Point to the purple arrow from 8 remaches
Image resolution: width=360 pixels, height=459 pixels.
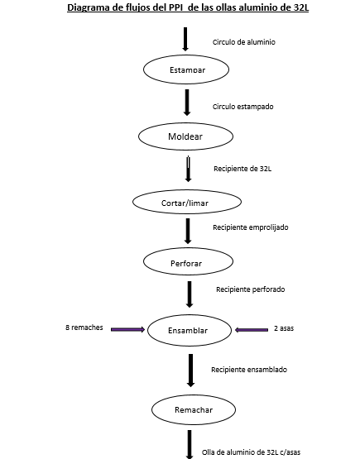click(127, 330)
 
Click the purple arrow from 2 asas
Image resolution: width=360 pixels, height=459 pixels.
click(252, 330)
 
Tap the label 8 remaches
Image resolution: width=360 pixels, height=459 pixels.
click(84, 328)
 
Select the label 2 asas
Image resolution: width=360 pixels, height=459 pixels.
click(284, 328)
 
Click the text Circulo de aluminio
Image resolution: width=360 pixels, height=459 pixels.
click(244, 42)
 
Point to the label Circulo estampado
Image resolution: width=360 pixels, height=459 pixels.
click(243, 107)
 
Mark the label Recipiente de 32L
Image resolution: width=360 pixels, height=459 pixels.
click(242, 169)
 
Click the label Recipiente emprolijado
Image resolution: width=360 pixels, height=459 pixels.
click(251, 227)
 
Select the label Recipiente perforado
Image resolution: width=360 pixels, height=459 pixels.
click(251, 289)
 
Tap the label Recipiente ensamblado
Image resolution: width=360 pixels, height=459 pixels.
click(249, 370)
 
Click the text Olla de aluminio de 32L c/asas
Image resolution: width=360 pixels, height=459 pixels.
click(251, 452)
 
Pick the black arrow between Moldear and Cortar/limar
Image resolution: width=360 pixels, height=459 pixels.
click(188, 169)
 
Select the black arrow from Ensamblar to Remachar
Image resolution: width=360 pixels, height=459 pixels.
click(190, 371)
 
